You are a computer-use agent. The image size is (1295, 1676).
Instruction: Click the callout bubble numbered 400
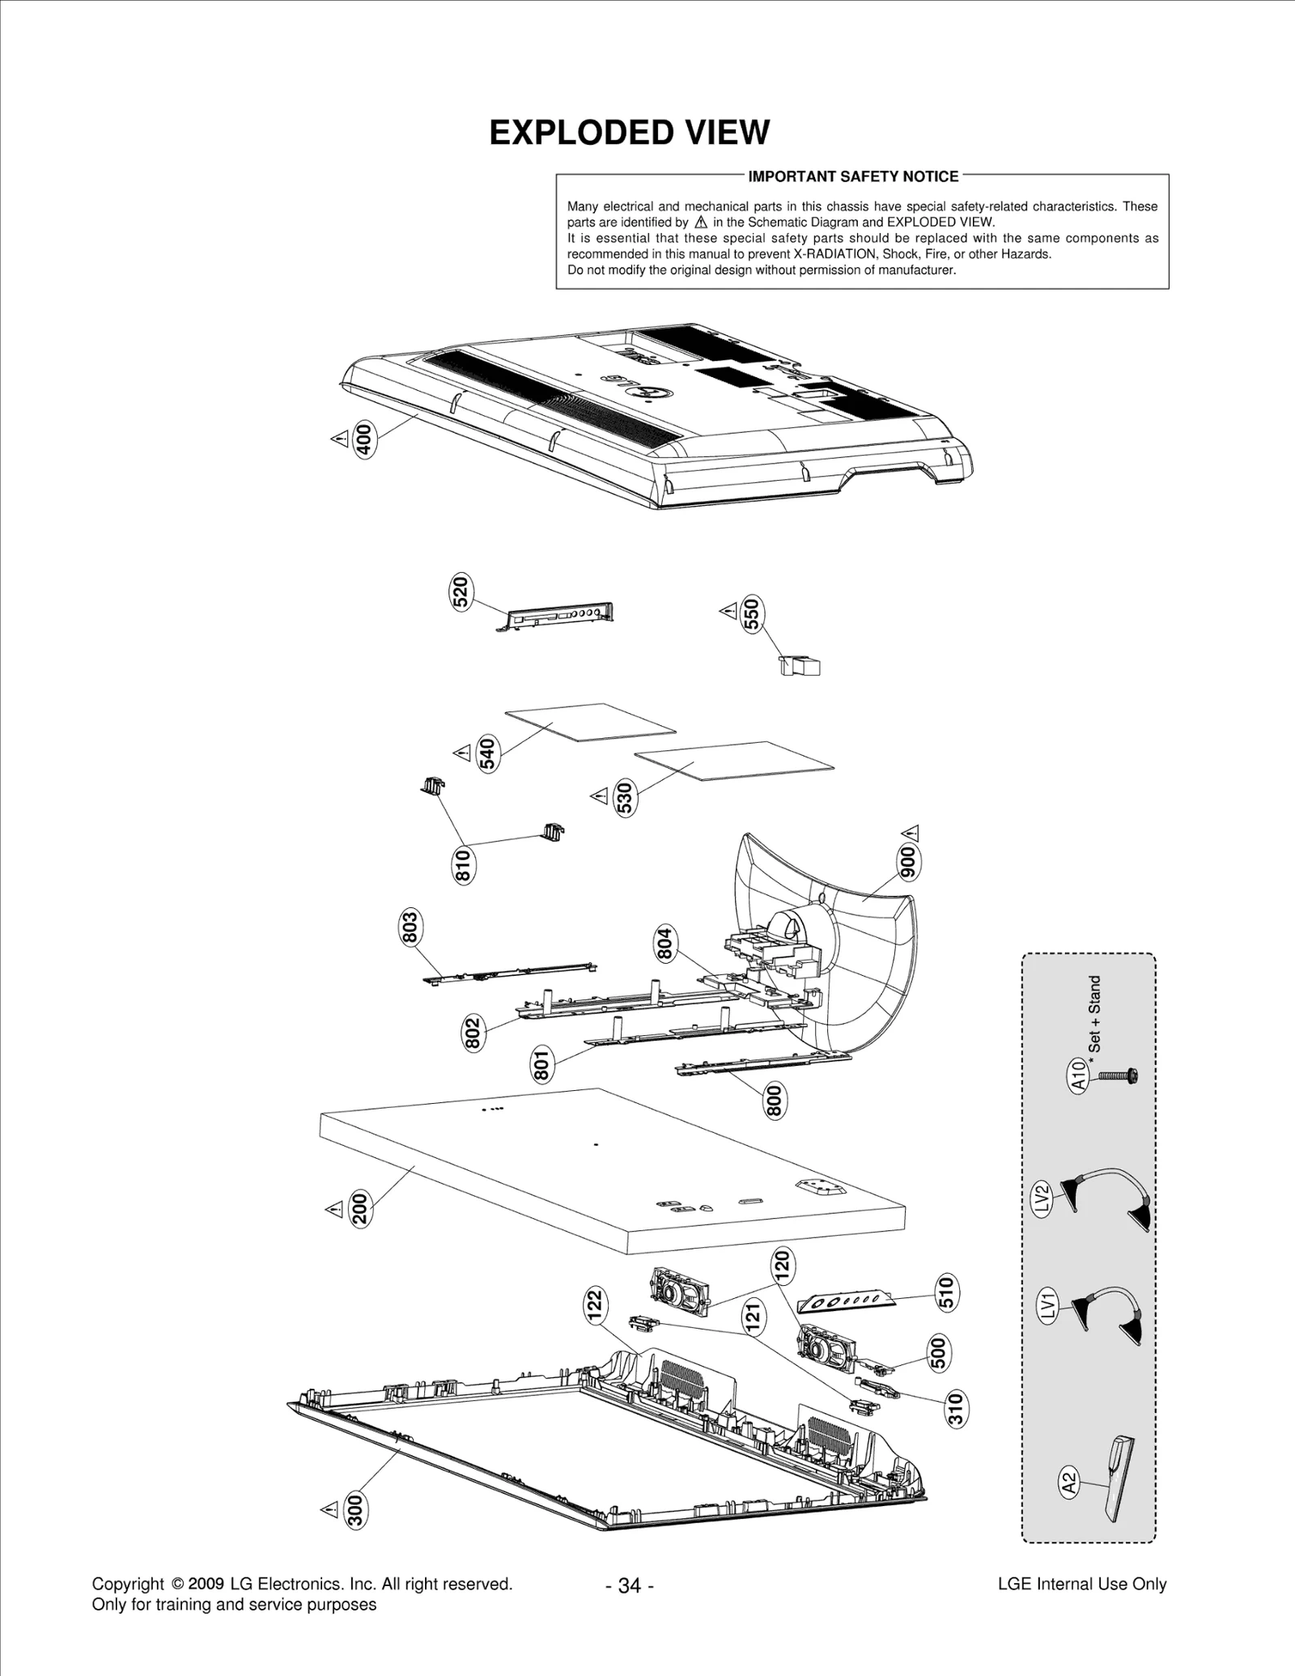(365, 441)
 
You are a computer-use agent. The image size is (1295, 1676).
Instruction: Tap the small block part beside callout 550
(800, 666)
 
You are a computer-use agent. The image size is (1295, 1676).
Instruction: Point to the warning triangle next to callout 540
(462, 753)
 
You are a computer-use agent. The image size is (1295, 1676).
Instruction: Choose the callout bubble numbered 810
(463, 865)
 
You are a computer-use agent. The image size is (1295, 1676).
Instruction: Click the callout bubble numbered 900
(908, 863)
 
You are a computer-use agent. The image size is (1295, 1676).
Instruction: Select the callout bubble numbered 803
(410, 927)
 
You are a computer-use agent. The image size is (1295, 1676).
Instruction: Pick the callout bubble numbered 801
(542, 1063)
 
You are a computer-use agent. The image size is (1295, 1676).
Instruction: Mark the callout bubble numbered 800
(775, 1101)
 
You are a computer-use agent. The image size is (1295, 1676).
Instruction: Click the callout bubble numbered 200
(359, 1208)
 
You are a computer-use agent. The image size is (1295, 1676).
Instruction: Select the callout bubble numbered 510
(945, 1292)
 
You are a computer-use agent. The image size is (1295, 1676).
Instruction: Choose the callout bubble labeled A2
(1069, 1483)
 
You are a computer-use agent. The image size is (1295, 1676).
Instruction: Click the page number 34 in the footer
(629, 1585)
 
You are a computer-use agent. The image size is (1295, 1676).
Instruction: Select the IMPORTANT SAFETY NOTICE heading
(853, 176)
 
